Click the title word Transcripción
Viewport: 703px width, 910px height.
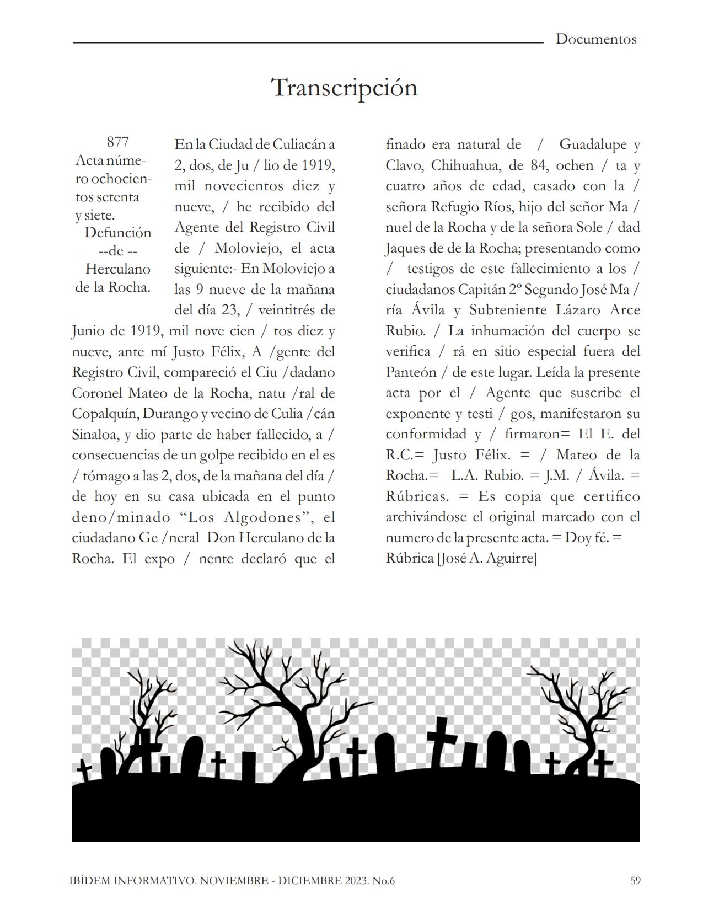(x=345, y=88)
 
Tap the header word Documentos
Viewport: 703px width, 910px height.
(x=595, y=39)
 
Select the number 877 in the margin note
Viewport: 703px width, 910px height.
(x=117, y=142)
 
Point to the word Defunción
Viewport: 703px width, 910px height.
(x=117, y=233)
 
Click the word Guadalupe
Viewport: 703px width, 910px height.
(x=593, y=144)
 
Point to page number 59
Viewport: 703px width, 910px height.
(x=635, y=881)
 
